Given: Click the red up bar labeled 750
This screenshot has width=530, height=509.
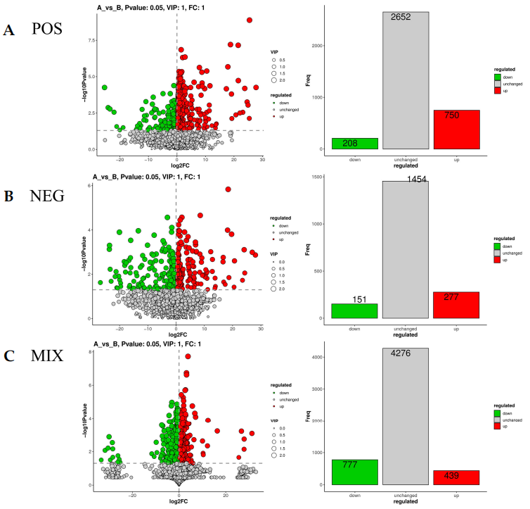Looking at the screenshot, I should tap(456, 130).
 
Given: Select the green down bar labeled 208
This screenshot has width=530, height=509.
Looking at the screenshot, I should tap(355, 144).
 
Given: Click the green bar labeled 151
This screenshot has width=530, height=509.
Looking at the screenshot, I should tap(355, 310).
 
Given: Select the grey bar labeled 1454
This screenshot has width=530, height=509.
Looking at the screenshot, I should tap(406, 249).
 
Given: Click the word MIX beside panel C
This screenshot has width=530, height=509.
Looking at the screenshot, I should tap(47, 356).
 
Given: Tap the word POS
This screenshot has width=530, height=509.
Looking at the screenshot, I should tap(47, 30).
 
